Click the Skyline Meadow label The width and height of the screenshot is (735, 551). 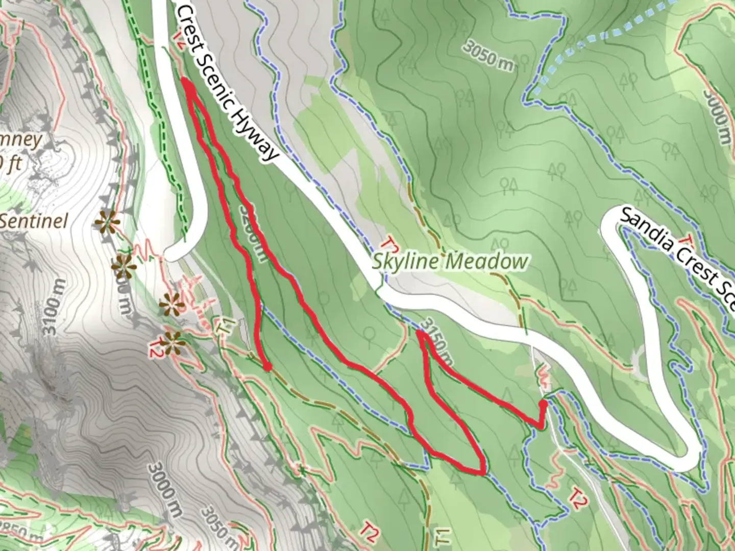[449, 262]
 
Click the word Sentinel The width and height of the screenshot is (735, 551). [34, 221]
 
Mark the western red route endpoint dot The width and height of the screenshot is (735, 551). [266, 366]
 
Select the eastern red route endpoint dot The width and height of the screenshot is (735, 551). [543, 404]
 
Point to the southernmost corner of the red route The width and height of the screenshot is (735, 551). [481, 472]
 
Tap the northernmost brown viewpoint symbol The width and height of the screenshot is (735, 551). [106, 222]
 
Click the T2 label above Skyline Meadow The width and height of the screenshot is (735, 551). [390, 244]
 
